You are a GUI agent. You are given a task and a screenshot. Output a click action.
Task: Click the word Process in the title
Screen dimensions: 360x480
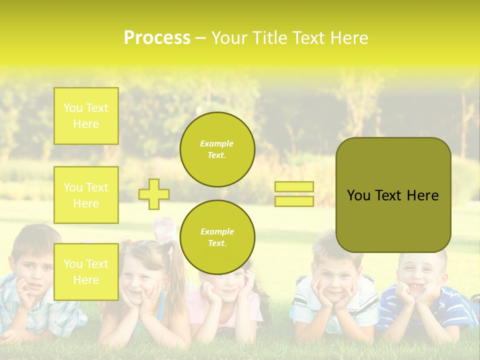coord(157,38)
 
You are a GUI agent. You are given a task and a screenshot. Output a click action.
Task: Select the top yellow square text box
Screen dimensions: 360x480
coord(86,116)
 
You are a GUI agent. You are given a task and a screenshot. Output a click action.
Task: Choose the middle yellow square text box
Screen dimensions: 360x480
coord(86,195)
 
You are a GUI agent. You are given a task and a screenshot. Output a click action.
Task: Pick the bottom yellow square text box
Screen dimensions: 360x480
coord(86,271)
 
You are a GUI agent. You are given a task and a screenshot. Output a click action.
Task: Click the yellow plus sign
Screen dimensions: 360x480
coord(154,194)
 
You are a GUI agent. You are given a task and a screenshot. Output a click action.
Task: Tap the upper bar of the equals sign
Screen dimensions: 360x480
coord(294,186)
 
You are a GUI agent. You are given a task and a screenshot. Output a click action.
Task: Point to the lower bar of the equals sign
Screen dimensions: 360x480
coord(294,201)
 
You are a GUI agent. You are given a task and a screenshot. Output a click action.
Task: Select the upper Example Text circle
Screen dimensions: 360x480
coord(217,149)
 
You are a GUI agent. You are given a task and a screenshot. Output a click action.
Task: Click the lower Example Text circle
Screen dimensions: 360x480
coord(217,237)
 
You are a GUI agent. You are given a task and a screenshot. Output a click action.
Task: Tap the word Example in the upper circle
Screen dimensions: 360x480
coord(217,143)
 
